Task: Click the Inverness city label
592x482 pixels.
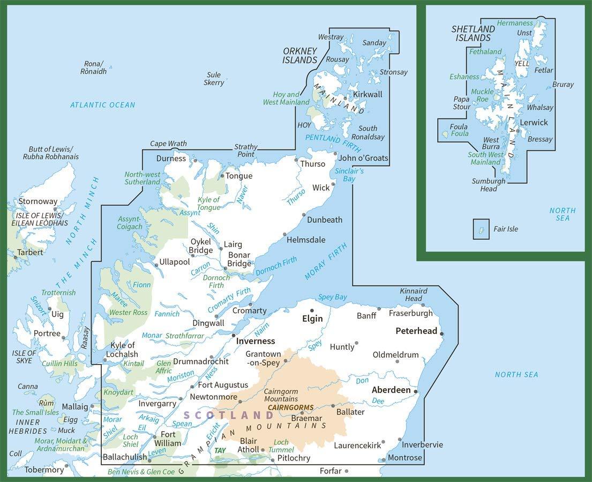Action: [256, 341]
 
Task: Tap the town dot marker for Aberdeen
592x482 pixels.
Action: [416, 391]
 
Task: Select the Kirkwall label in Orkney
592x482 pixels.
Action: [368, 94]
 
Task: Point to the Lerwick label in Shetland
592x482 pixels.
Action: [534, 123]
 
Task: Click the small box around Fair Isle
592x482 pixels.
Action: [481, 229]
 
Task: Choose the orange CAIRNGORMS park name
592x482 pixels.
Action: [290, 408]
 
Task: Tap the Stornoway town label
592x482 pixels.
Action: [38, 202]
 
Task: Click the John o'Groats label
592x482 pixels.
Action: [363, 158]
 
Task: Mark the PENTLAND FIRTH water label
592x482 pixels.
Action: [330, 139]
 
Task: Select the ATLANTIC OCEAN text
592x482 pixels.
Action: [103, 105]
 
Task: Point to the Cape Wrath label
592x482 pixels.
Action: [168, 144]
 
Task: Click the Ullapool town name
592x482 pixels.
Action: [175, 262]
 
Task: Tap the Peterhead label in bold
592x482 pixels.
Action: [416, 331]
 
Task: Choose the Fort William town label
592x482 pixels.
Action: [168, 439]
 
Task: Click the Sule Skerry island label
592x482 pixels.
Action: [214, 79]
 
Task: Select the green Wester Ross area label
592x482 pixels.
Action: [128, 312]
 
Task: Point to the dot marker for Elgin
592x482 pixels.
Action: [312, 310]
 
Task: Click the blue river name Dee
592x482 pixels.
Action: [378, 401]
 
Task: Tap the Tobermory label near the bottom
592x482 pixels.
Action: [44, 470]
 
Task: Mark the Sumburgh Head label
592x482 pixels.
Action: [488, 185]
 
